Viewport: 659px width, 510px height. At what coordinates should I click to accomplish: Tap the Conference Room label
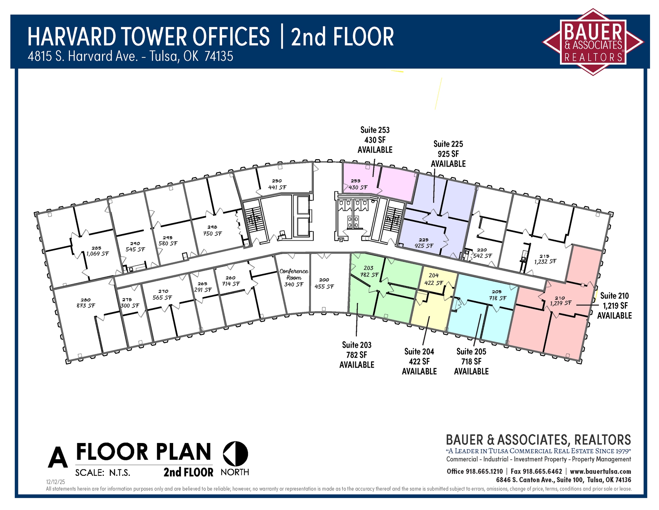(294, 274)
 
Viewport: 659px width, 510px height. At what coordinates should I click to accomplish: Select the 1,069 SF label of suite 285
(97, 254)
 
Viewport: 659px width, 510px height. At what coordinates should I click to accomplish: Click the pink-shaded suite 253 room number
(355, 181)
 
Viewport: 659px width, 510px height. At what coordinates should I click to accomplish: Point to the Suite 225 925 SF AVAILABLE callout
(448, 154)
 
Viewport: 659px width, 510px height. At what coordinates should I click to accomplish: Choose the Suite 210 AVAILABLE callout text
(614, 305)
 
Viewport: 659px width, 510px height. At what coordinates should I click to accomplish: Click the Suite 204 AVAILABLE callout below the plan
(419, 361)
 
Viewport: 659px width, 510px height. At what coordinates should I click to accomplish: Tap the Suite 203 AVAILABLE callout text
(357, 355)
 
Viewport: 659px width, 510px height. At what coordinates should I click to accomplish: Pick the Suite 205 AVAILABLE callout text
(471, 361)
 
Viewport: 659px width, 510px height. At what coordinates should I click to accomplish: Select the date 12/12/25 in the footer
(55, 482)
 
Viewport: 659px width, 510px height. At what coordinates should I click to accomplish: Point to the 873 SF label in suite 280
(86, 305)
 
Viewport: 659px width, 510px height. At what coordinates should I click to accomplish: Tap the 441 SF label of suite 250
(277, 187)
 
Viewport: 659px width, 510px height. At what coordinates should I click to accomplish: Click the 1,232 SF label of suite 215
(545, 262)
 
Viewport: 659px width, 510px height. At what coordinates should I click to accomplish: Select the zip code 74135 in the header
(219, 57)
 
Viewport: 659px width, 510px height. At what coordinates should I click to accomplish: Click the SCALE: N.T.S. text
(103, 473)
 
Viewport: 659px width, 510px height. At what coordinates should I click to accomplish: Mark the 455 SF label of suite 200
(324, 286)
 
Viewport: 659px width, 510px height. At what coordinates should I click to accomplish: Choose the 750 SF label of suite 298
(212, 234)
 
